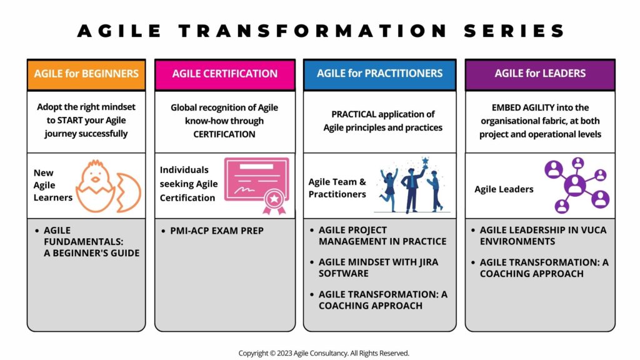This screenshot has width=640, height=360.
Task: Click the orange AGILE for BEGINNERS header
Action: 86,74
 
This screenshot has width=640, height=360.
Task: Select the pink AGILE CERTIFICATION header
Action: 225,74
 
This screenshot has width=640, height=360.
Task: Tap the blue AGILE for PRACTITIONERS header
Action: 379,74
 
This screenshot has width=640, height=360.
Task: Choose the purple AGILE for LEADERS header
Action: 540,74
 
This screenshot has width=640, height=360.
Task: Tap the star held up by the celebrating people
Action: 425,161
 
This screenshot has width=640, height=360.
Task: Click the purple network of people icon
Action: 577,185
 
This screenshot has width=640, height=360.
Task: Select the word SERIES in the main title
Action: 514,31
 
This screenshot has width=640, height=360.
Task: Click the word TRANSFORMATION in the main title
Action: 313,31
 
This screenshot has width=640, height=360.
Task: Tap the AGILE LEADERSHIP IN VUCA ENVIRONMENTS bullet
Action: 539,236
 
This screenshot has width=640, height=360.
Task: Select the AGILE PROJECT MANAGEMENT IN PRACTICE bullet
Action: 378,236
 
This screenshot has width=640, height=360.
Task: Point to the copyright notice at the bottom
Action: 324,353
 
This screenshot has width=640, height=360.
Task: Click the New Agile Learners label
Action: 52,185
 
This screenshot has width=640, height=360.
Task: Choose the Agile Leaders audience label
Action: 504,189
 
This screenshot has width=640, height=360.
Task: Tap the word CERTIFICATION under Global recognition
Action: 224,134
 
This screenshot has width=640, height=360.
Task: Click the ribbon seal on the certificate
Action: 274,202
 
